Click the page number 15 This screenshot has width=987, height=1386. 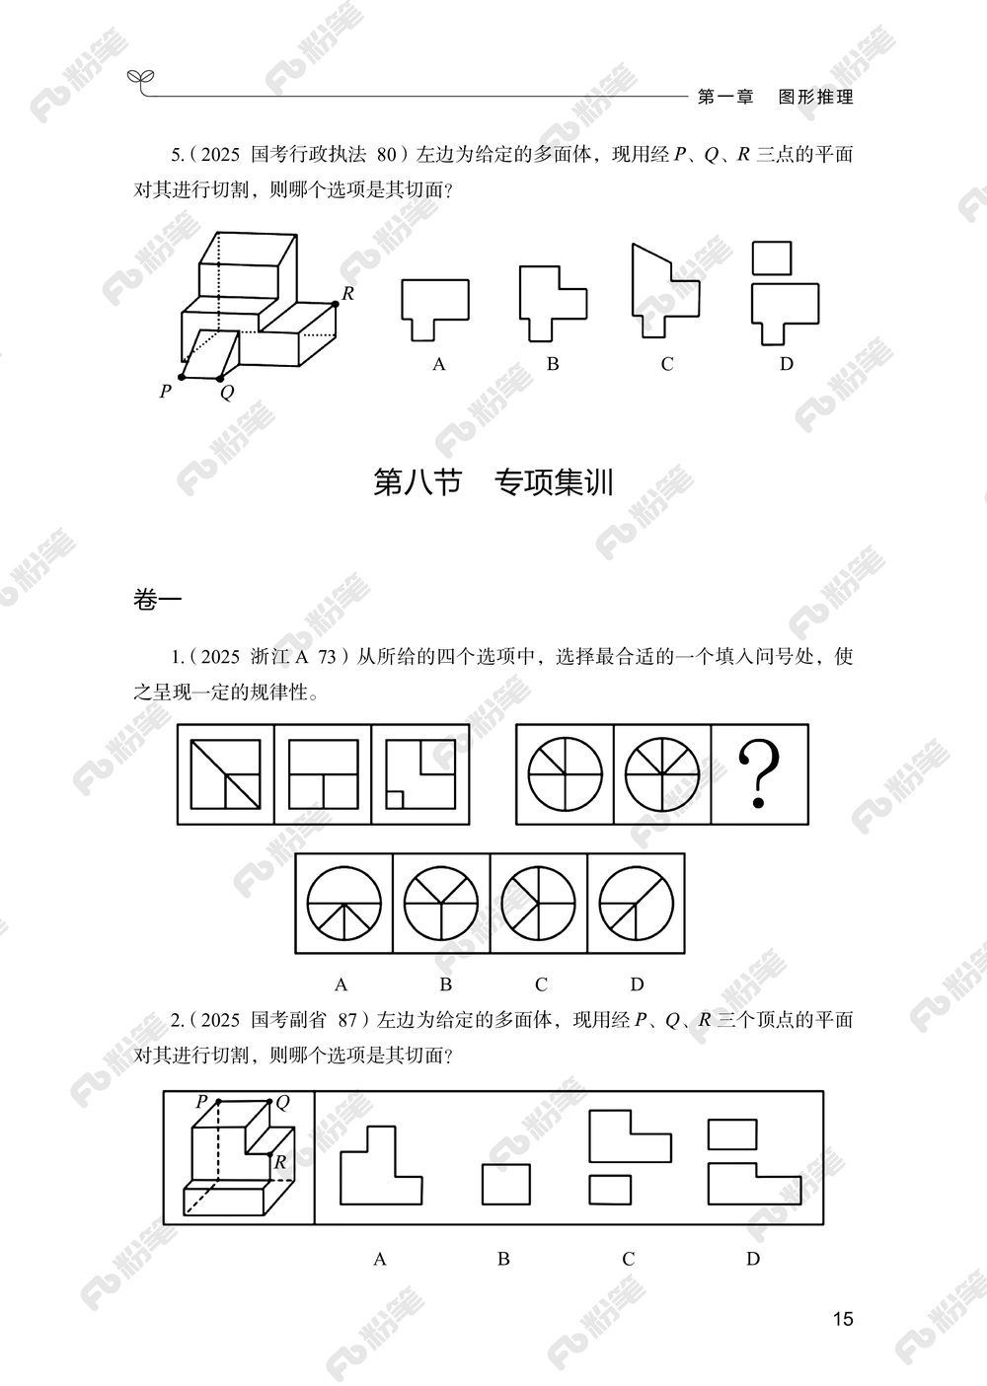tap(842, 1319)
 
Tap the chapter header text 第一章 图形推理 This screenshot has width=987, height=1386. tap(775, 97)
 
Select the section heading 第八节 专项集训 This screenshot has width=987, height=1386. tap(493, 482)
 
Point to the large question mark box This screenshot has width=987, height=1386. tap(759, 774)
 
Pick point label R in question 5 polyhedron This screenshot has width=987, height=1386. tap(347, 293)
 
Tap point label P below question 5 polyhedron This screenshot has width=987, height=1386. tap(165, 392)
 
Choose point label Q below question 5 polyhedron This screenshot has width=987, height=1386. tap(227, 393)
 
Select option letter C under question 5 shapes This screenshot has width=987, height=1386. tap(667, 364)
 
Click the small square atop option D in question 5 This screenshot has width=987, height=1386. tap(772, 258)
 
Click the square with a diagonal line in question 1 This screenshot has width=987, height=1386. tap(226, 774)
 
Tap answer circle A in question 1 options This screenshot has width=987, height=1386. tap(343, 903)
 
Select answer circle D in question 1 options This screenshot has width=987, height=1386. tap(637, 903)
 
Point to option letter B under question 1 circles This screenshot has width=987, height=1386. tap(446, 984)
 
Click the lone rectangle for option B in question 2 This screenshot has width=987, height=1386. tap(506, 1184)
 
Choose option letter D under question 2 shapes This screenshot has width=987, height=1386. tap(753, 1258)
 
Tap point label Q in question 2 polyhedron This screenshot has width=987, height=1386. tap(282, 1103)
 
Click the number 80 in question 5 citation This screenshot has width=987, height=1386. tap(387, 154)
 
